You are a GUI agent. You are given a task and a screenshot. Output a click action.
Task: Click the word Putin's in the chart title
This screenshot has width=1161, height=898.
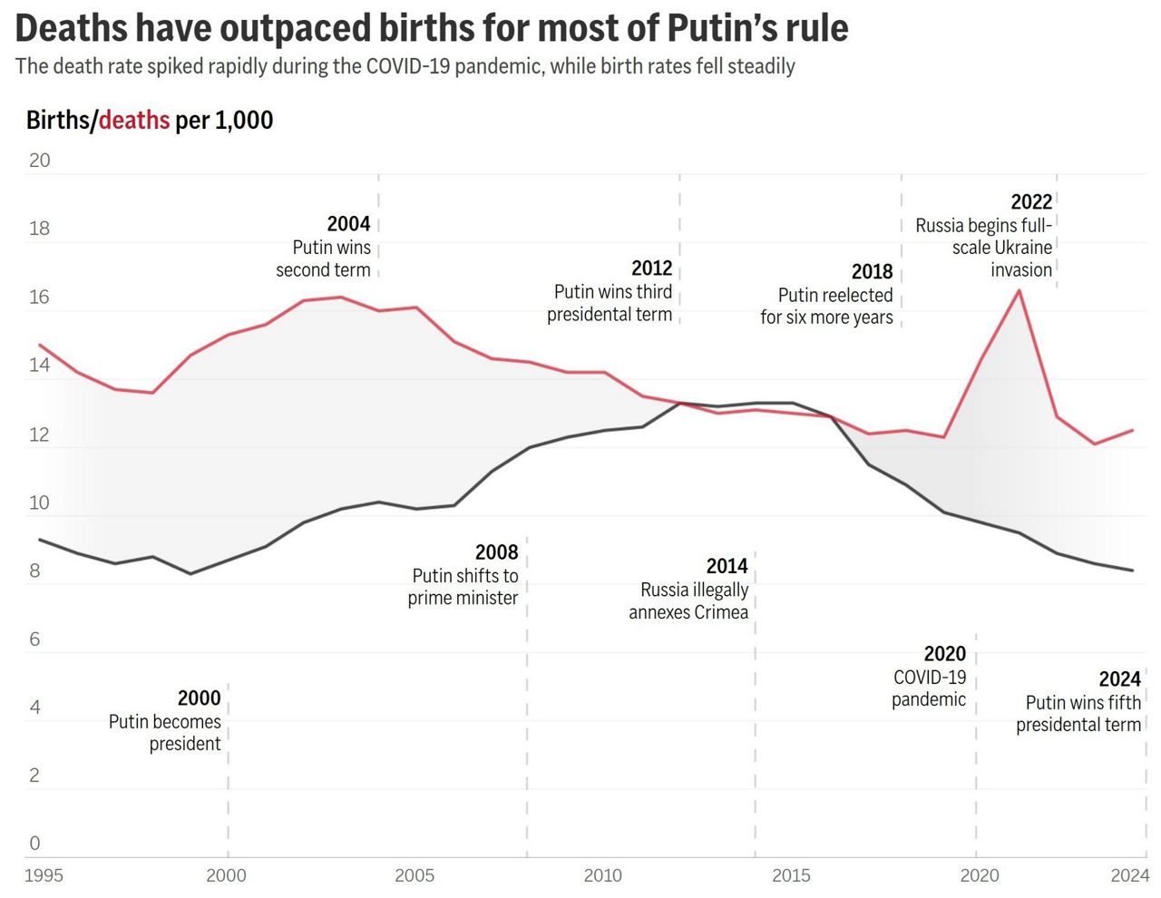click(718, 28)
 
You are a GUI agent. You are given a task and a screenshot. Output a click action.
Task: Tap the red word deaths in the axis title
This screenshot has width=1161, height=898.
click(134, 120)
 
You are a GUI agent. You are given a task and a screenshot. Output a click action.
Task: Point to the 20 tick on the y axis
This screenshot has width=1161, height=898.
click(40, 161)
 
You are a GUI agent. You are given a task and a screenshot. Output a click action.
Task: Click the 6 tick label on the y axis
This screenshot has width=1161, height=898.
click(34, 639)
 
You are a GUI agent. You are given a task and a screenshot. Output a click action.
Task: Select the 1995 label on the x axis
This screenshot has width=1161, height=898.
click(44, 875)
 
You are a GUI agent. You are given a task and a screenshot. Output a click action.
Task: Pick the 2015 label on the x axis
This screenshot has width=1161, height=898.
click(791, 875)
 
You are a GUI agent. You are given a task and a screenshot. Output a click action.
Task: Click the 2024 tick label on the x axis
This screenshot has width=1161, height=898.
click(1130, 875)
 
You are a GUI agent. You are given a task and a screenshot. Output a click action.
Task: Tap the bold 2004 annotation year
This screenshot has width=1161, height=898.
click(348, 224)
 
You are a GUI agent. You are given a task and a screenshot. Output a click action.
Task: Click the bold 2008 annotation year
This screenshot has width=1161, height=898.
click(496, 552)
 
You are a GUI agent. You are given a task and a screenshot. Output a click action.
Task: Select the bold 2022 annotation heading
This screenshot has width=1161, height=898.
click(1031, 202)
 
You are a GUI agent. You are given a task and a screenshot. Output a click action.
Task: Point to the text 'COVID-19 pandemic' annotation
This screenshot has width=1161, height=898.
click(929, 688)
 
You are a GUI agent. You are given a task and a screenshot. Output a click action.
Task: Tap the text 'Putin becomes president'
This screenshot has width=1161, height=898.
click(165, 733)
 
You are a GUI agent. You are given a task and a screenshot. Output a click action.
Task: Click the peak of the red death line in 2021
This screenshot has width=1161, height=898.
click(1020, 290)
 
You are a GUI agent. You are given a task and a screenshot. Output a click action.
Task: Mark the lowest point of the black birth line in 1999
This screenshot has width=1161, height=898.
click(190, 573)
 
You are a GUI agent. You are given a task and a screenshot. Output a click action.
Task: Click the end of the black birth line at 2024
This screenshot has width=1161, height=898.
click(1133, 571)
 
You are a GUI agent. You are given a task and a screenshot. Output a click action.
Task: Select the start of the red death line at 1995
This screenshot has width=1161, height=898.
click(40, 345)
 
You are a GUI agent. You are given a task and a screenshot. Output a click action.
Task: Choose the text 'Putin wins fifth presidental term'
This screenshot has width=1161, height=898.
click(1078, 714)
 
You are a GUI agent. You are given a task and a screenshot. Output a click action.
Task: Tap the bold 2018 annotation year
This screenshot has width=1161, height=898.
click(872, 272)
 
